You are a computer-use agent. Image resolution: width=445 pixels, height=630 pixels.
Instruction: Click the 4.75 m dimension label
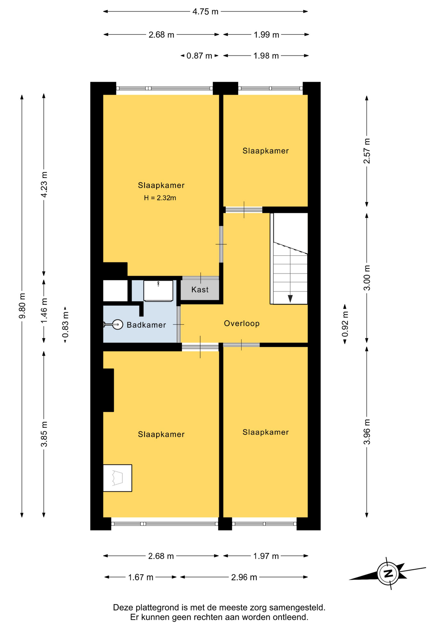click(205, 12)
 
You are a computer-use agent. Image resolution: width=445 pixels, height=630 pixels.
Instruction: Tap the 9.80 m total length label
click(22, 306)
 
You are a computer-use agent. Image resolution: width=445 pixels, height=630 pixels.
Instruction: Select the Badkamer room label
click(146, 325)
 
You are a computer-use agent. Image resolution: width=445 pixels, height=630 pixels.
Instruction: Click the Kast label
click(200, 289)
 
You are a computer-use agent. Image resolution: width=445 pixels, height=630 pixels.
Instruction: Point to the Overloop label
click(242, 323)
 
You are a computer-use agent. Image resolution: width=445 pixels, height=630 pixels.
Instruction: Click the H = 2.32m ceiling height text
click(160, 198)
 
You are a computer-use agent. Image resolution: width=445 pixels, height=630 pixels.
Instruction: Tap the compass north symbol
click(388, 573)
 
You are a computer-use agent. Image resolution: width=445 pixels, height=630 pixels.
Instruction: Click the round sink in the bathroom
click(118, 325)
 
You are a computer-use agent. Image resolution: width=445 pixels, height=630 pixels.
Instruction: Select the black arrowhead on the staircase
click(290, 299)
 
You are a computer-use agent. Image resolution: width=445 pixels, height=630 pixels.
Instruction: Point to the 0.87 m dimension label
click(199, 56)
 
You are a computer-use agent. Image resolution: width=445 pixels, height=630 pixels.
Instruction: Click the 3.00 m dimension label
click(367, 278)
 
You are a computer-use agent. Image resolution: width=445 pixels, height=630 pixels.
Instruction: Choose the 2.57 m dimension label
click(367, 151)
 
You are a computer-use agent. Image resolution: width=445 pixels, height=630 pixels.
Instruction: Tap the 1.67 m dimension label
click(141, 577)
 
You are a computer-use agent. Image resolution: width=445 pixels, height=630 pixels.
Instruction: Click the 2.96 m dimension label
click(244, 577)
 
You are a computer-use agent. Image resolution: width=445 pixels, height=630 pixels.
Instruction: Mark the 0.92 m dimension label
click(345, 324)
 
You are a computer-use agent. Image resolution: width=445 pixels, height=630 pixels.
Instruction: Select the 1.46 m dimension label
click(44, 310)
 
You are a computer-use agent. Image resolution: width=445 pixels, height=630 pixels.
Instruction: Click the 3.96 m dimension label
click(367, 432)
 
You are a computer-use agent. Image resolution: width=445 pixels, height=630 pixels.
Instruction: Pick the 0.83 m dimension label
click(66, 325)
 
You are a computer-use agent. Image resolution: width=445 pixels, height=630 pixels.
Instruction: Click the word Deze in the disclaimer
click(122, 607)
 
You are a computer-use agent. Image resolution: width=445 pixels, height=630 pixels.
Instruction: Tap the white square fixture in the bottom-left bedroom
click(117, 478)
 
